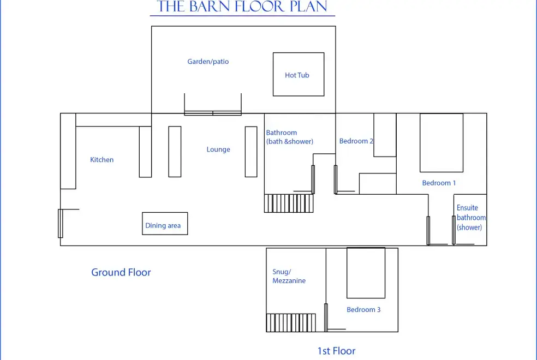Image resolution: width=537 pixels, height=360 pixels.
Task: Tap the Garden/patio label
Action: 208,62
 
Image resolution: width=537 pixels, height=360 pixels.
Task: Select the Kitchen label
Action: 102,159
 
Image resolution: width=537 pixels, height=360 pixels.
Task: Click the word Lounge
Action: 218,149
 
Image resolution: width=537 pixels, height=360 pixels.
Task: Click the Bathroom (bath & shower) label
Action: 289,137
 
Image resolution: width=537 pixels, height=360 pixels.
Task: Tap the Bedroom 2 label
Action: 356,141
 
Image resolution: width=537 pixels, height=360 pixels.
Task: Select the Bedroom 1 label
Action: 439,183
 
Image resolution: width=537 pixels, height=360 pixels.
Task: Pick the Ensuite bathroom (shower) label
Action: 471,218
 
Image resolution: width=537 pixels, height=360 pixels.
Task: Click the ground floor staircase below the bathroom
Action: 289,203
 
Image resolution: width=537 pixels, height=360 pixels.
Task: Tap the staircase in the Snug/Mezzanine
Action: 291,323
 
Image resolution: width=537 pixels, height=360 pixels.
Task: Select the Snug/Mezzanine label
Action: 289,276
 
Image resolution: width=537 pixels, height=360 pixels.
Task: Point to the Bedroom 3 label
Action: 363,309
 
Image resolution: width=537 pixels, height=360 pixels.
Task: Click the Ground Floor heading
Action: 121,272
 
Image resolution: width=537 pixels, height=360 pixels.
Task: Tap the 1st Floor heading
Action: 336,351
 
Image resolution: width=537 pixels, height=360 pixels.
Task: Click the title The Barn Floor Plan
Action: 242,7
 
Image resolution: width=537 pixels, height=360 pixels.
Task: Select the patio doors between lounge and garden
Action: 213,113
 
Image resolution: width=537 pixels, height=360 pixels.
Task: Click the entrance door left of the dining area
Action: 61,223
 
